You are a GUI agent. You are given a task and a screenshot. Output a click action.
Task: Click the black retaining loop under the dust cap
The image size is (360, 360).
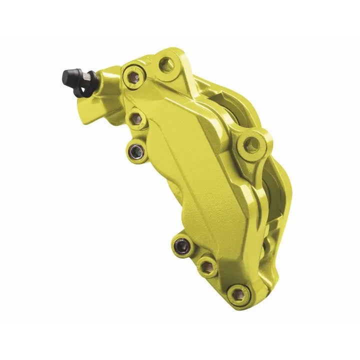coord(80,90)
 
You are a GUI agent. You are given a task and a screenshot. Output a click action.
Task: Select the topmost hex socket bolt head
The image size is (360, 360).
coord(133,77)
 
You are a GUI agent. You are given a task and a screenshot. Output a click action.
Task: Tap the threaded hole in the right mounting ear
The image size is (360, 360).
coord(251,144)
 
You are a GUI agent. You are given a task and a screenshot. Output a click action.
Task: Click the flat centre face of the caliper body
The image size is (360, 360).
coord(190,180)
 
